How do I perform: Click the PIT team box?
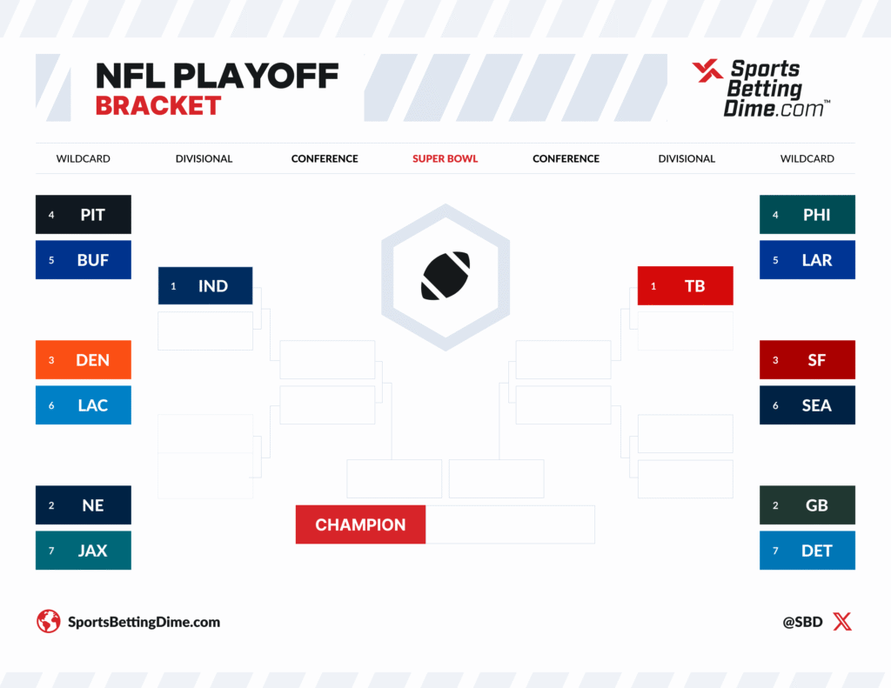[x=84, y=215]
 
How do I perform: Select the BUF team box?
[x=84, y=260]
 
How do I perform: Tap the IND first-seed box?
[x=205, y=286]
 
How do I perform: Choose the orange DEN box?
[x=84, y=359]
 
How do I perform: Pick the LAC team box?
[x=84, y=405]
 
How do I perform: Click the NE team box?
[x=84, y=505]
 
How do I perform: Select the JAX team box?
[x=84, y=551]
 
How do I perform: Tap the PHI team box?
[x=807, y=215]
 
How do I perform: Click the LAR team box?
[x=807, y=260]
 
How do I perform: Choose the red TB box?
[x=686, y=286]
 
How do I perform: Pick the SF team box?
[x=807, y=359]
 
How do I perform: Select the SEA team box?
[x=807, y=405]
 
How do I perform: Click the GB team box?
[x=807, y=505]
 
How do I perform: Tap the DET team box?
[x=807, y=551]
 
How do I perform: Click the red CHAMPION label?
[x=360, y=524]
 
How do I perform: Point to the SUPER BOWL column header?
[x=445, y=158]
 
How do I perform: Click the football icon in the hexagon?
[x=445, y=276]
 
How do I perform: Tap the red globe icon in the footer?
[x=49, y=622]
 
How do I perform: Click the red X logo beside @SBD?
[x=842, y=622]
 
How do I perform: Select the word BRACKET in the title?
[x=158, y=105]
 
